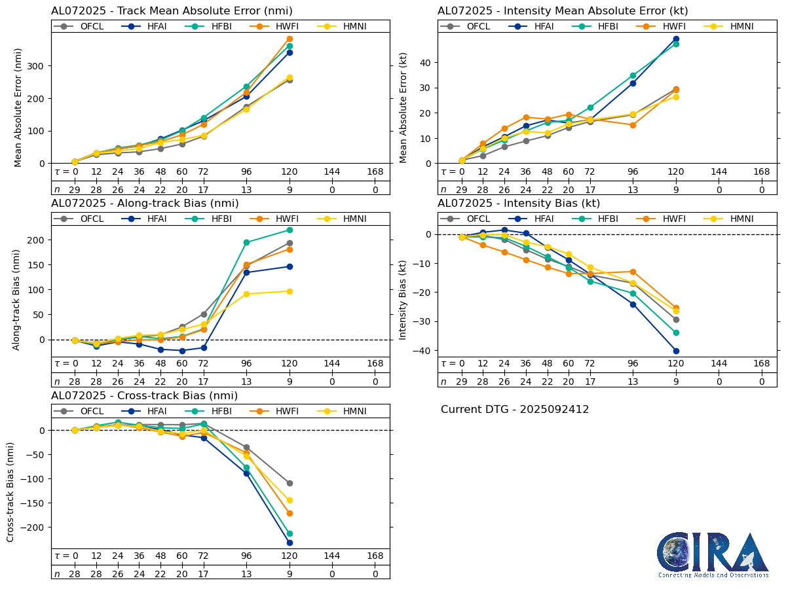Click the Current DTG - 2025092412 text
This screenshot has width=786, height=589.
tap(515, 410)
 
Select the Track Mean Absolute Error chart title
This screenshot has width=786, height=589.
tap(172, 11)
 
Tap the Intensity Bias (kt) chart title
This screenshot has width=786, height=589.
tap(519, 204)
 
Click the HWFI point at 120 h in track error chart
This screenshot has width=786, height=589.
tap(290, 39)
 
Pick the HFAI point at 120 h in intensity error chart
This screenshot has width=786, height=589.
tap(676, 39)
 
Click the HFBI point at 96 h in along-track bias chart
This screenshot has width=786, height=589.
tap(246, 242)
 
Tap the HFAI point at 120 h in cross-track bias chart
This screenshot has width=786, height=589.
tap(290, 543)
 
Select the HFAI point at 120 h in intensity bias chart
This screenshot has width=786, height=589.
tap(676, 351)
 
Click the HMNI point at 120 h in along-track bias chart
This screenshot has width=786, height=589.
tap(290, 291)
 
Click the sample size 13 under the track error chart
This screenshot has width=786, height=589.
tap(246, 189)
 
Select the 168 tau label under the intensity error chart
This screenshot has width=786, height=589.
tap(761, 171)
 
